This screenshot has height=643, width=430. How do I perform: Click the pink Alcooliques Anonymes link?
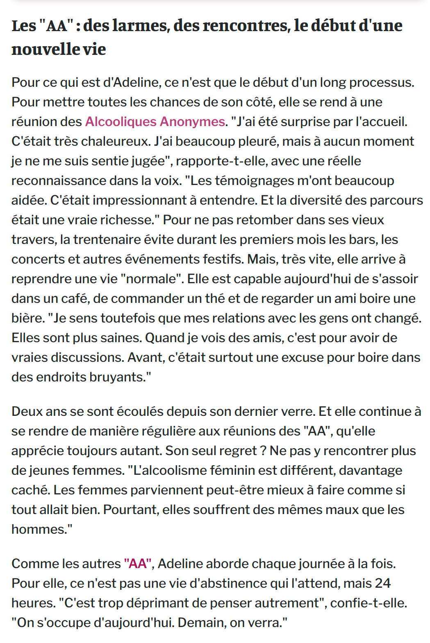coord(155,122)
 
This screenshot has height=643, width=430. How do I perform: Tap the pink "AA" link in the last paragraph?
coord(138,564)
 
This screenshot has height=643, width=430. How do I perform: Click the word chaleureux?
coord(116,141)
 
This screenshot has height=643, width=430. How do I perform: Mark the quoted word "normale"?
coord(151,279)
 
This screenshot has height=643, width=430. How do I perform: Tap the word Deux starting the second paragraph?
coord(27,411)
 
